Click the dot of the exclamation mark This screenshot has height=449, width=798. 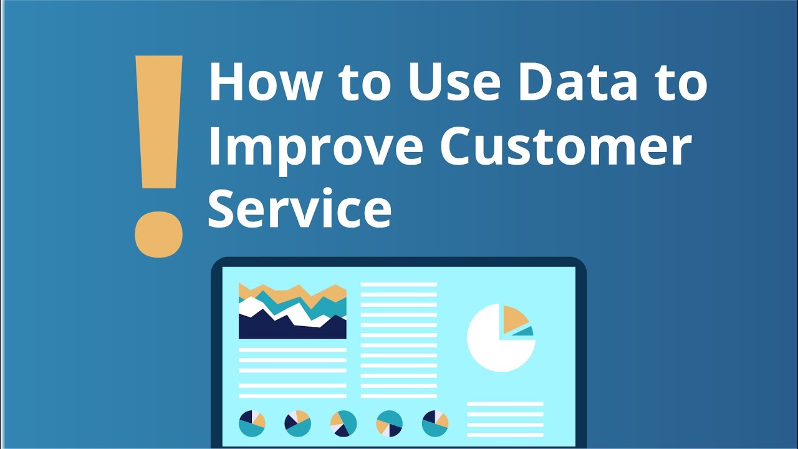pyautogui.click(x=159, y=234)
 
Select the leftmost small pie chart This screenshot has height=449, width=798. pyautogui.click(x=252, y=423)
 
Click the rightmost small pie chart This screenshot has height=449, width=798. pyautogui.click(x=435, y=423)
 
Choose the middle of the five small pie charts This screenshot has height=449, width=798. pyautogui.click(x=344, y=423)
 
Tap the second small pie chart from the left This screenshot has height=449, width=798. pyautogui.click(x=298, y=423)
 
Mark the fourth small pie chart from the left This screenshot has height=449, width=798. pyautogui.click(x=390, y=423)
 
